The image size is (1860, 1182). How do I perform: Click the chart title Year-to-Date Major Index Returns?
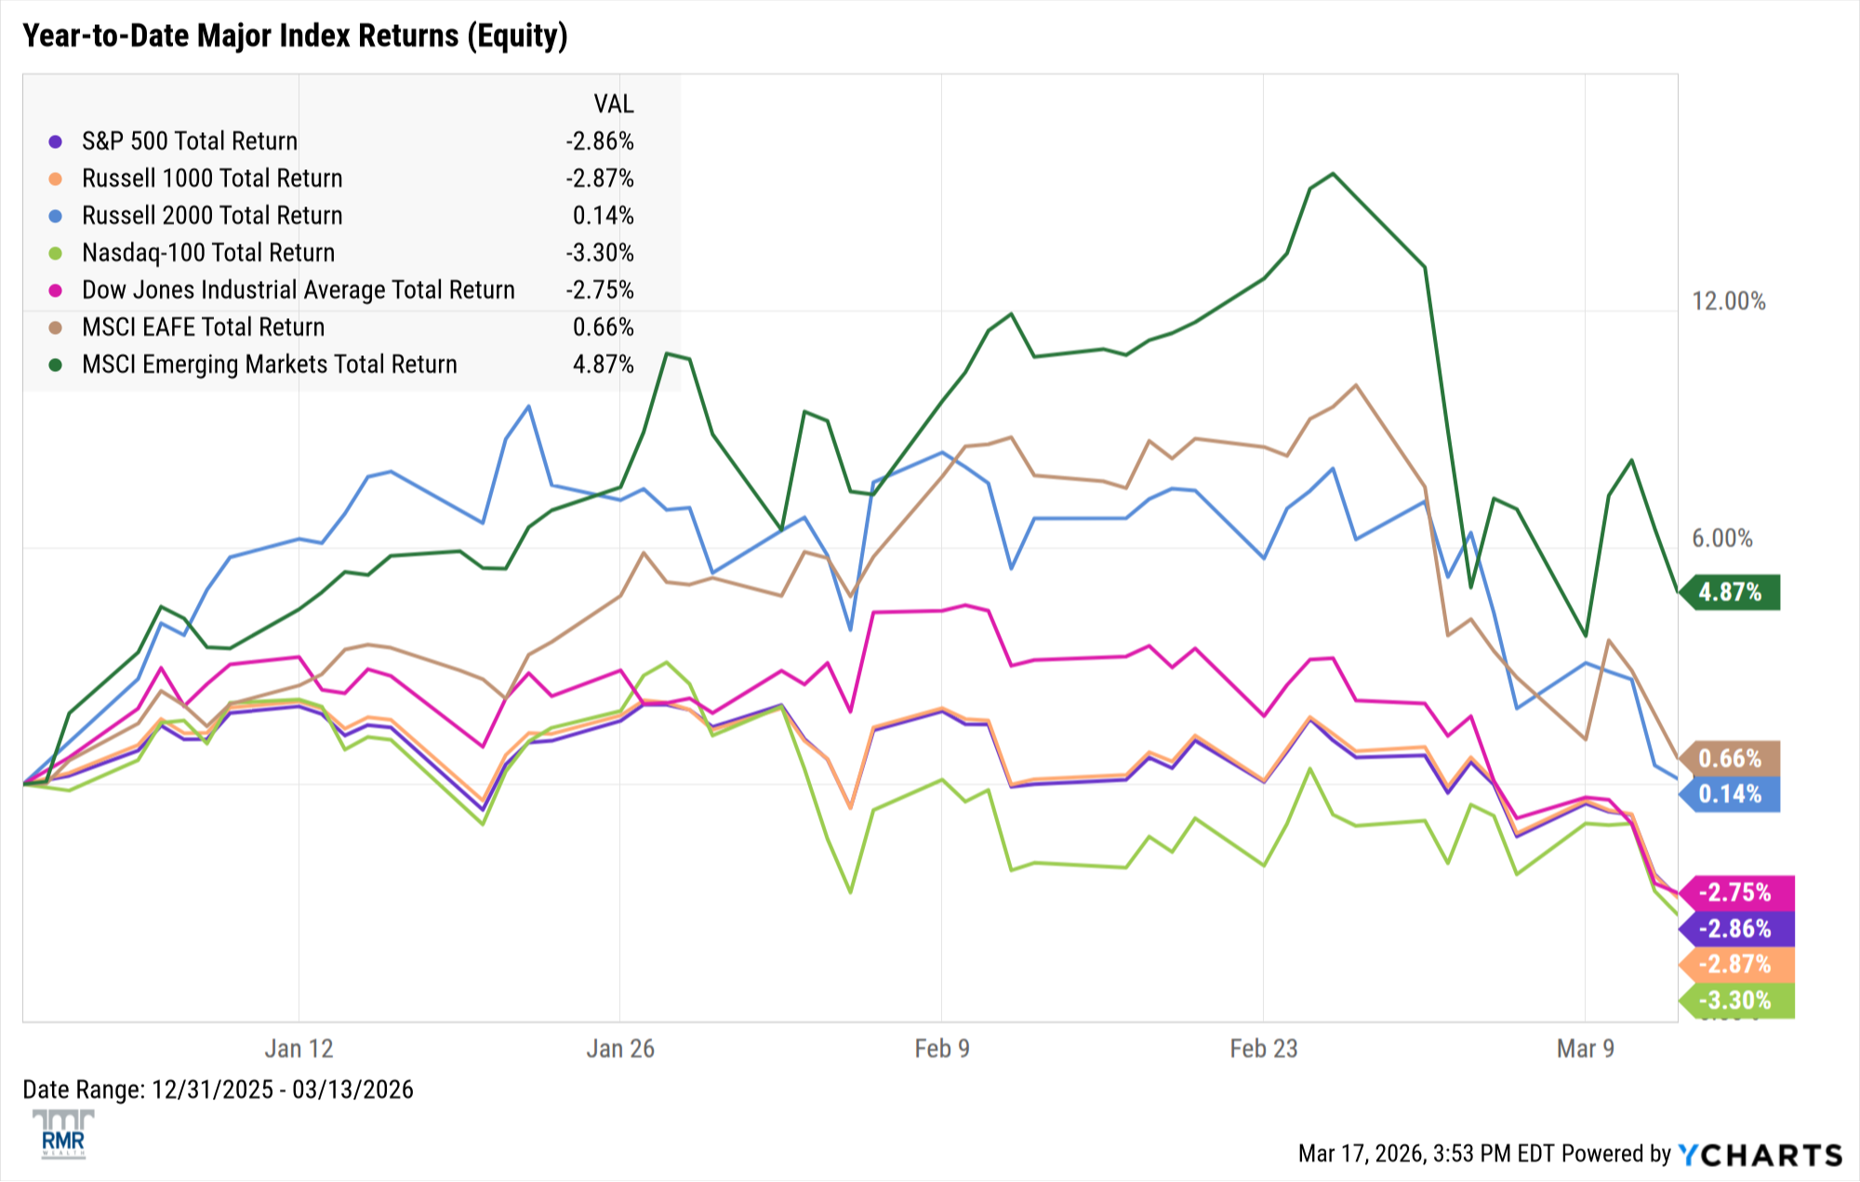tap(295, 35)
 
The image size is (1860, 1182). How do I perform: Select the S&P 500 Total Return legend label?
tap(190, 141)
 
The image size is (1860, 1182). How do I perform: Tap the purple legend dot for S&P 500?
tap(56, 141)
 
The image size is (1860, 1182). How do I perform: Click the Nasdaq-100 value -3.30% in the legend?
tap(600, 253)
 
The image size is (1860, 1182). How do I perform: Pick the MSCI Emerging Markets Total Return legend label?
tap(270, 365)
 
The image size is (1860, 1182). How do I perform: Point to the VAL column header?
tap(614, 103)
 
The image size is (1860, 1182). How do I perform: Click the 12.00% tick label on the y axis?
tap(1728, 301)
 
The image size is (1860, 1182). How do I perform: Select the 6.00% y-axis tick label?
tap(1721, 538)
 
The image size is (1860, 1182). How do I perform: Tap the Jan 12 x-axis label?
tap(299, 1049)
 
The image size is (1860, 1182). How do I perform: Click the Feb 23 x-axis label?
tap(1263, 1049)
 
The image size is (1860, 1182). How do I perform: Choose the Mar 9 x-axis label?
tap(1585, 1049)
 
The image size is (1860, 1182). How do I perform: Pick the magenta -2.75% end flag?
tap(1735, 893)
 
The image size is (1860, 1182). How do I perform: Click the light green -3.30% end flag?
tap(1735, 1001)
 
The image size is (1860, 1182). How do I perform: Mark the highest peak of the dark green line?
tap(1333, 174)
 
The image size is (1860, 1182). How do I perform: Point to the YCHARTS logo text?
tap(1760, 1155)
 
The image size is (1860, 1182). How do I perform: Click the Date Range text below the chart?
tap(218, 1090)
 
